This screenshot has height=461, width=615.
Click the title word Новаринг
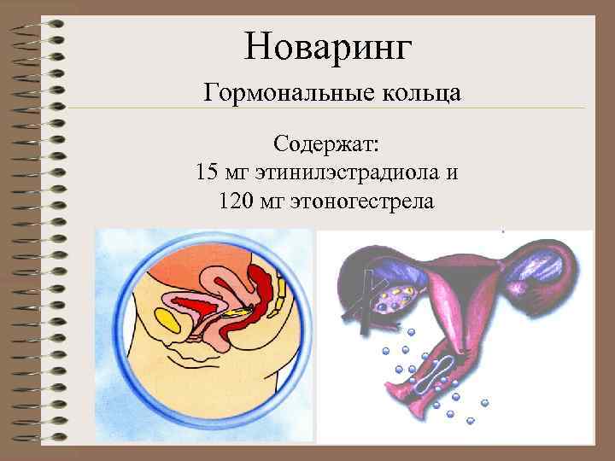tap(328, 46)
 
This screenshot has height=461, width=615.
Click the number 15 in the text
tap(206, 172)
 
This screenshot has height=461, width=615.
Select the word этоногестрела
tap(367, 202)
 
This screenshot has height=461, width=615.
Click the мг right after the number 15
tap(236, 172)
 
